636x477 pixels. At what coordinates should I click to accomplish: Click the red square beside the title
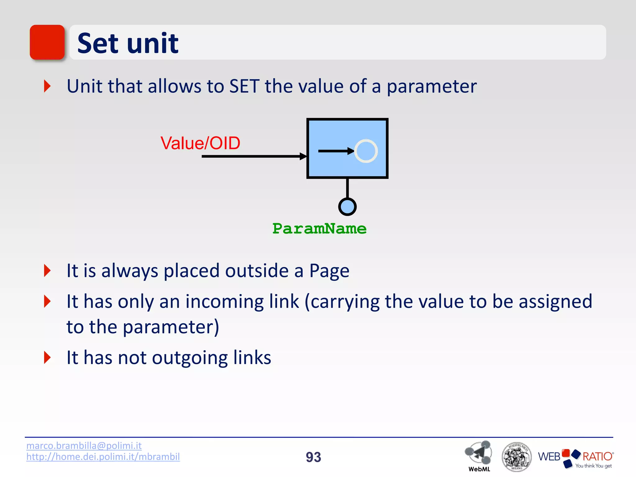[x=47, y=42]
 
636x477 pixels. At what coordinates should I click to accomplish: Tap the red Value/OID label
[x=200, y=143]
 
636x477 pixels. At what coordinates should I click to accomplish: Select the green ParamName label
[x=319, y=229]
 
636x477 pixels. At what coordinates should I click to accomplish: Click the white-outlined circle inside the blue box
[x=366, y=151]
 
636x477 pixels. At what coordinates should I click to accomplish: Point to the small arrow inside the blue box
[x=335, y=151]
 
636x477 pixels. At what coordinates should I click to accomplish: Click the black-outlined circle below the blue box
[x=347, y=207]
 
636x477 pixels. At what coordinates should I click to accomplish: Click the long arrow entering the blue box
[x=252, y=156]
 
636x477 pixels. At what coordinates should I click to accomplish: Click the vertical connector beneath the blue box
[x=347, y=188]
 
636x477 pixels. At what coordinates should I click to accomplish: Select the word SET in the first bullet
[x=244, y=86]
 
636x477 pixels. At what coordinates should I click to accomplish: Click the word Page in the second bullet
[x=329, y=271]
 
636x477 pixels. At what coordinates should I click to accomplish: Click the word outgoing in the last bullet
[x=189, y=358]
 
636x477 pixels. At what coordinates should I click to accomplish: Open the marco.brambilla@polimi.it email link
[x=84, y=446]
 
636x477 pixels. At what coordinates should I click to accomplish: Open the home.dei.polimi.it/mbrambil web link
[x=103, y=457]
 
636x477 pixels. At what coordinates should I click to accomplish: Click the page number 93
[x=313, y=457]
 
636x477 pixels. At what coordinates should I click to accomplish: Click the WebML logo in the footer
[x=479, y=455]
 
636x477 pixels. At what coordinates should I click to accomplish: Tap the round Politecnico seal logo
[x=516, y=457]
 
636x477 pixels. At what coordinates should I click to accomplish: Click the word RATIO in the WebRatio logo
[x=597, y=457]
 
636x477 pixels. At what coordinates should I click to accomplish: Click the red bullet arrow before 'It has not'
[x=47, y=357]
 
